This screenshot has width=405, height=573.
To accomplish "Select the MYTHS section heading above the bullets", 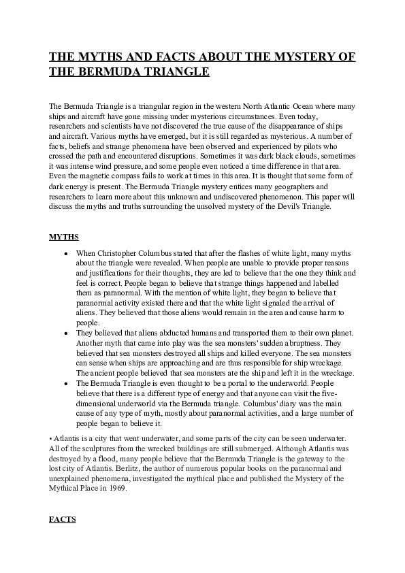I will tap(64, 237).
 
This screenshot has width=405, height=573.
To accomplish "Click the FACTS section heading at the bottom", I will tap(63, 519).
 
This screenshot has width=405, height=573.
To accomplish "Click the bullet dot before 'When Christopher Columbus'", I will tap(65, 253).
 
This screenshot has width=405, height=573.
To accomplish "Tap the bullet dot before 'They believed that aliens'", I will tap(65, 333).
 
